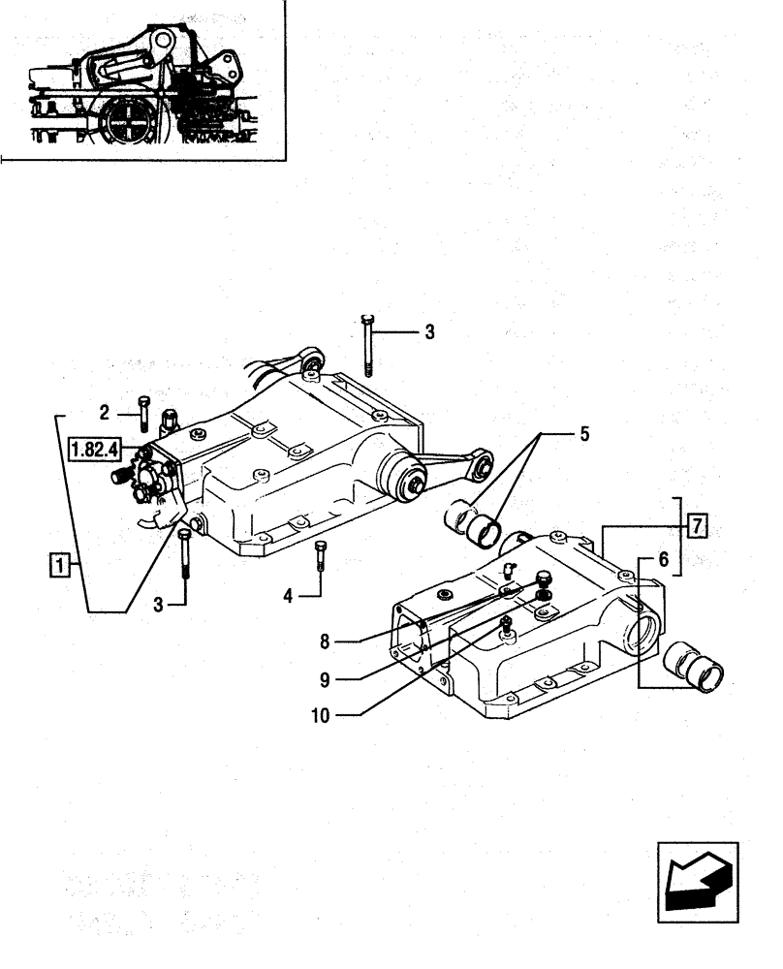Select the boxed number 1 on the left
pos(60,563)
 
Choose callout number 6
pos(663,559)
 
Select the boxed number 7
pos(697,526)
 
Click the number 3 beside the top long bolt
pos(428,332)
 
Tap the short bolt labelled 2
pos(144,413)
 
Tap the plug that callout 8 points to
pos(543,584)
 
